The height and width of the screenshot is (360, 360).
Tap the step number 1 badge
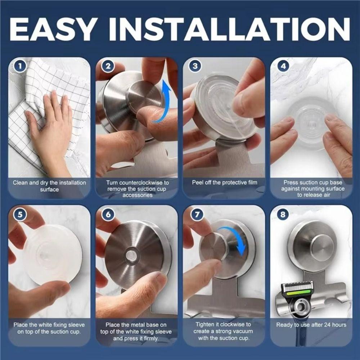pyautogui.click(x=20, y=66)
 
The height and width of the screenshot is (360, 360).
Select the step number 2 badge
pyautogui.click(x=108, y=66)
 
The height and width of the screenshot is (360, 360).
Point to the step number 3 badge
pyautogui.click(x=195, y=66)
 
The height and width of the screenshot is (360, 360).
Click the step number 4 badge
pyautogui.click(x=284, y=66)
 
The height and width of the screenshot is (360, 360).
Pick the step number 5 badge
pyautogui.click(x=20, y=215)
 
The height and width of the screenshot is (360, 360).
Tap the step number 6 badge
pyautogui.click(x=108, y=215)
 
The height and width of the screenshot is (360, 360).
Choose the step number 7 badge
pyautogui.click(x=195, y=215)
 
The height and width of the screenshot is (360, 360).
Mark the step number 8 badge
pyautogui.click(x=284, y=215)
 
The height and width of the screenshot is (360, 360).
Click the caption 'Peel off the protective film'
pyautogui.click(x=224, y=183)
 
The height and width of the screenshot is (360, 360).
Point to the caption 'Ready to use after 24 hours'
pyautogui.click(x=311, y=325)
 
